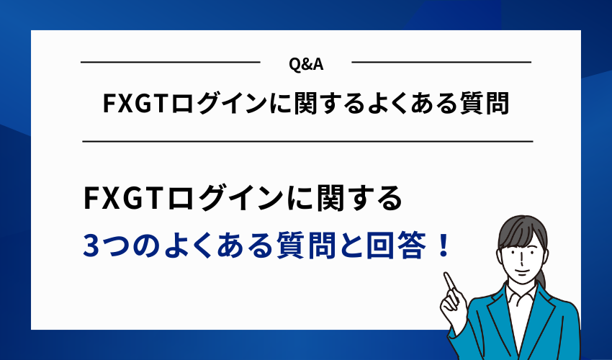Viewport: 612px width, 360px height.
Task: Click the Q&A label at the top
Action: tap(305, 64)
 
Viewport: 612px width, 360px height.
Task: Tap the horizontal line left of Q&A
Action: tap(170, 63)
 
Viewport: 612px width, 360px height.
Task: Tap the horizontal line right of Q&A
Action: tap(441, 63)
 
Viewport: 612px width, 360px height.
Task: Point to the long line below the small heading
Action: tap(307, 141)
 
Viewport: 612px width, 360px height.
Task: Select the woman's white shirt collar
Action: tap(512, 293)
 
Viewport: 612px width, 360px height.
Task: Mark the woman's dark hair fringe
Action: tap(515, 229)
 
